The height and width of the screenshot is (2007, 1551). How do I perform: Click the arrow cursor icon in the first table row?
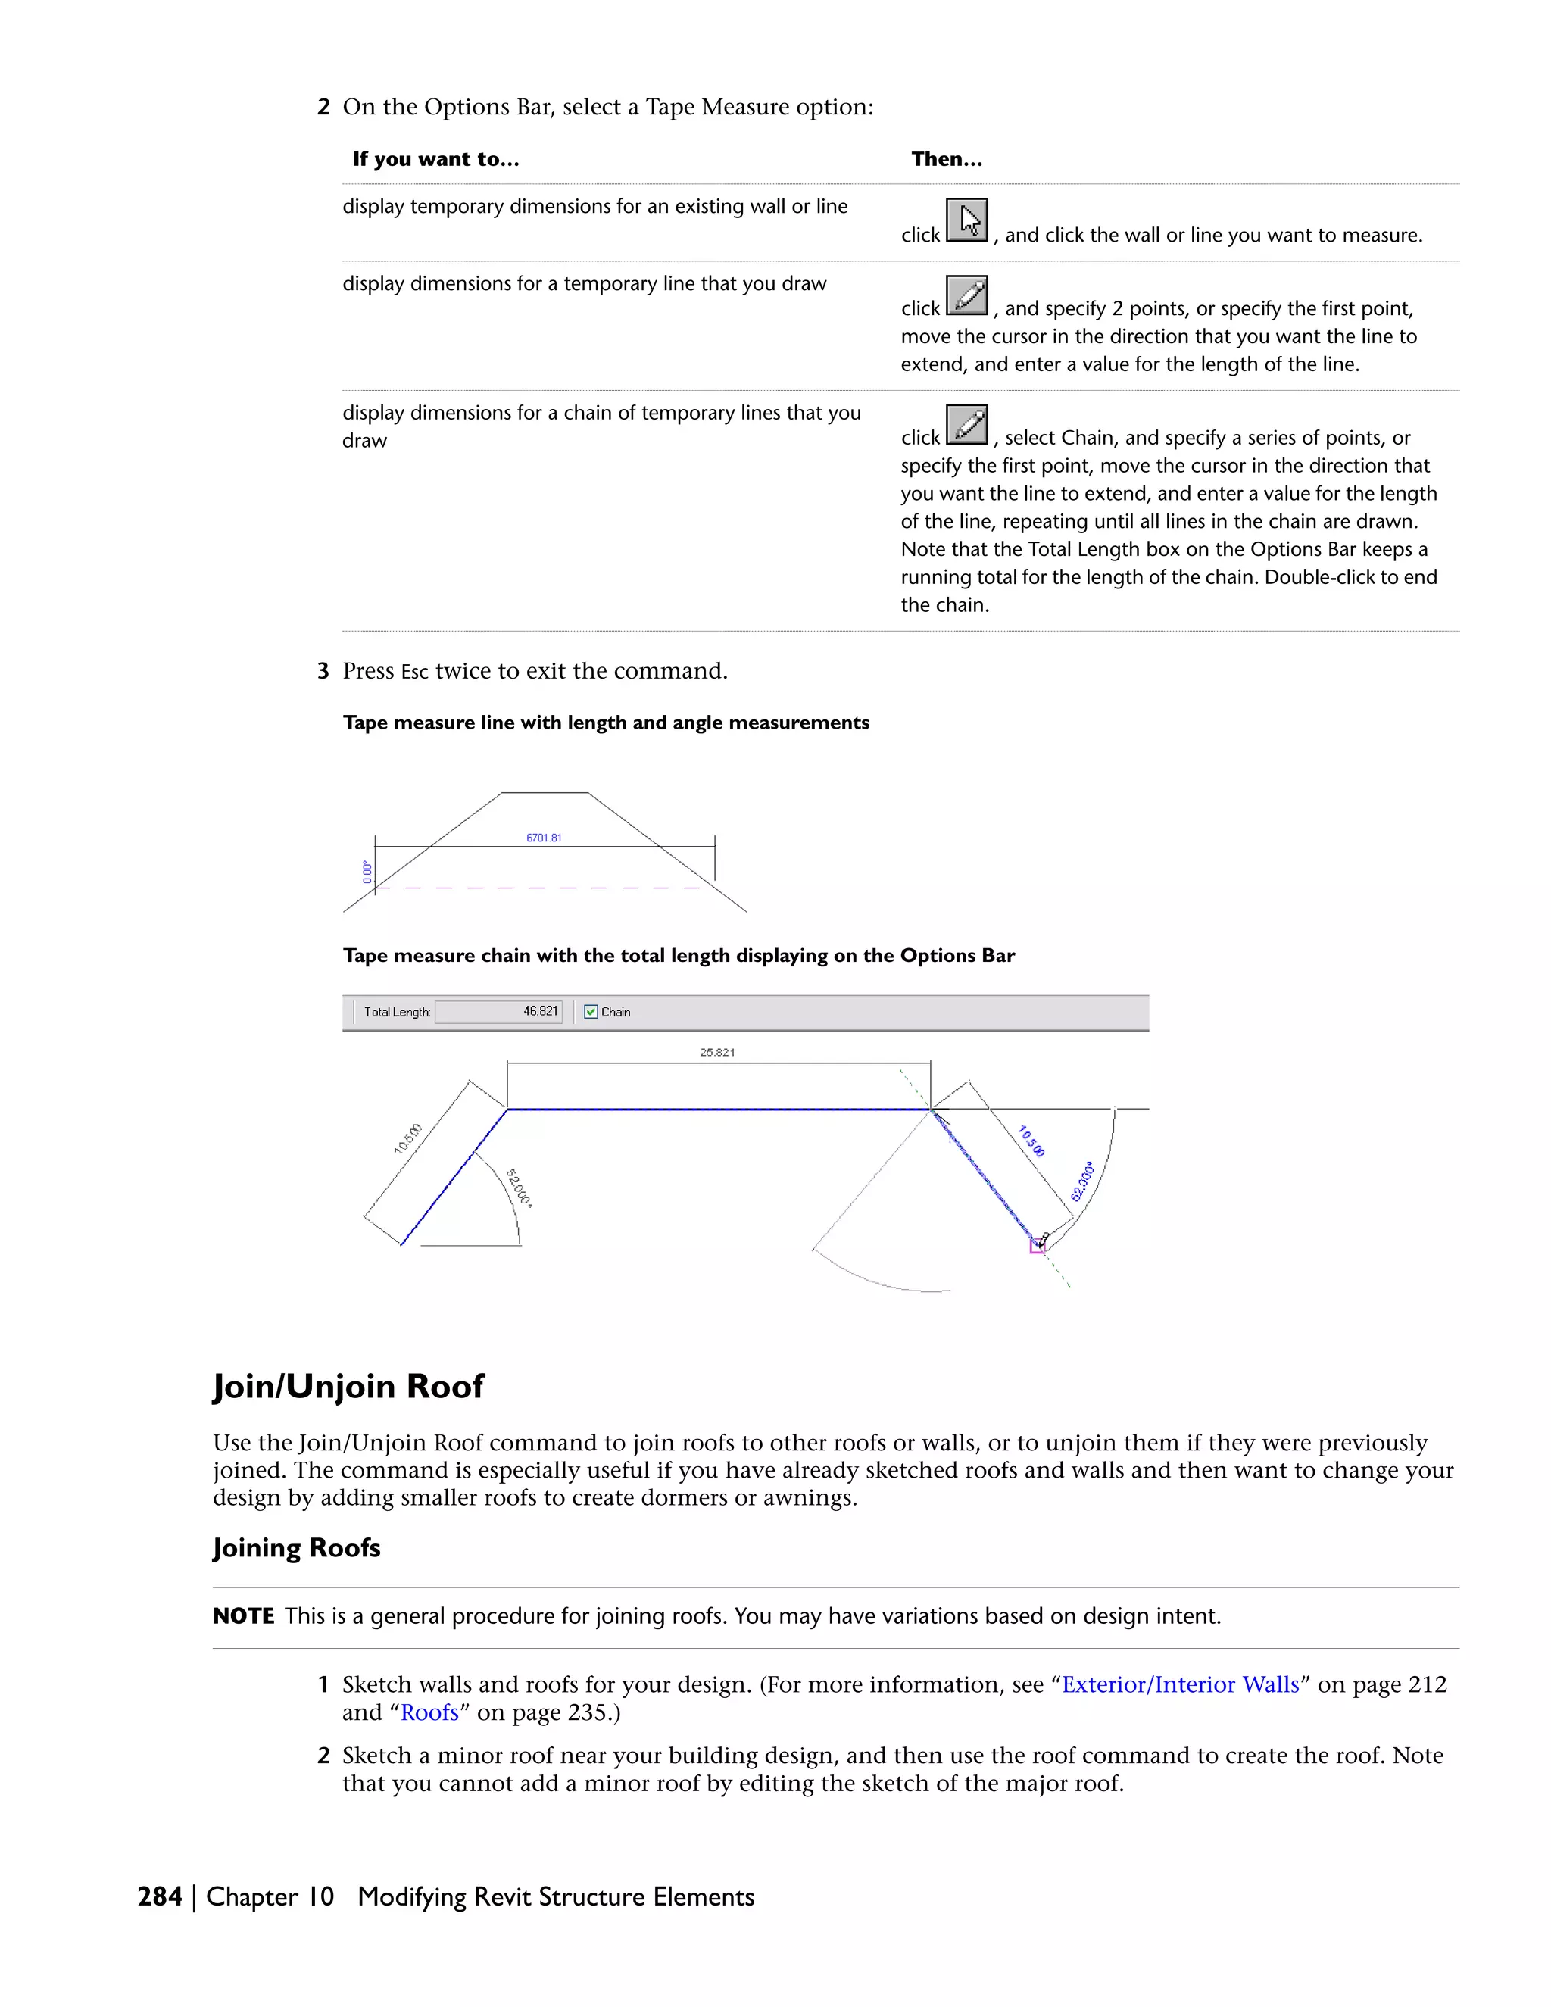(x=966, y=220)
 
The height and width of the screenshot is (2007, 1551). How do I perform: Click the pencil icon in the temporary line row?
(x=966, y=296)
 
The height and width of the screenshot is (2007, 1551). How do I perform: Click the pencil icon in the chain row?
(x=966, y=425)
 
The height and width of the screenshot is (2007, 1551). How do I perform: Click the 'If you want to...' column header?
(x=435, y=159)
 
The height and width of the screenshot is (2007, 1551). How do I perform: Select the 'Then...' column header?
(x=947, y=159)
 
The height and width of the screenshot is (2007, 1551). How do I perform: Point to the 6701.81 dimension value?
(x=544, y=837)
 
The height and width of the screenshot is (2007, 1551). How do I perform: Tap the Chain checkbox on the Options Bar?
(x=591, y=1012)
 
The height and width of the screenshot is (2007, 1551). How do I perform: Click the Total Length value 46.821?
(x=540, y=1011)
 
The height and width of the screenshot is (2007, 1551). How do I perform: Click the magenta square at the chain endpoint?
(x=1037, y=1246)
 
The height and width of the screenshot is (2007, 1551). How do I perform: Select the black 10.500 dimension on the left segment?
(x=408, y=1138)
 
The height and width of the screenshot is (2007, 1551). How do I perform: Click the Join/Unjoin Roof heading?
(x=348, y=1386)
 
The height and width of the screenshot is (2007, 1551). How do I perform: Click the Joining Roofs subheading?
(x=296, y=1547)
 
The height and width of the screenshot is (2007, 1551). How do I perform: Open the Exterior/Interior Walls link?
(x=1180, y=1684)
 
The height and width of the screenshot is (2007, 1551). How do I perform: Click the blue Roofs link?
(x=429, y=1713)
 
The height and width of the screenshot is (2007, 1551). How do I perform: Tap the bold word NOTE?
(x=244, y=1616)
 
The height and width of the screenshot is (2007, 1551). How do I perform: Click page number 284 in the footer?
(x=160, y=1896)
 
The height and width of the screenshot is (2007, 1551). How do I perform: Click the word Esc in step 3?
(x=414, y=672)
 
